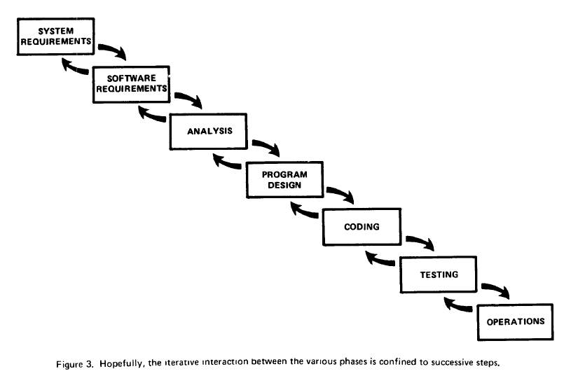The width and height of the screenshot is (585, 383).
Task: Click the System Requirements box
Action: (x=55, y=36)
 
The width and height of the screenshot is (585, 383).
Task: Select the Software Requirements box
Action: (x=131, y=84)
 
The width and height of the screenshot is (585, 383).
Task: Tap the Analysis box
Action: (x=209, y=131)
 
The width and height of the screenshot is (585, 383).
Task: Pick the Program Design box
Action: (x=284, y=179)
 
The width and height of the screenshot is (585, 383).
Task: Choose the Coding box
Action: (x=362, y=227)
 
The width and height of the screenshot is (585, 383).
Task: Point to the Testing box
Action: (x=439, y=274)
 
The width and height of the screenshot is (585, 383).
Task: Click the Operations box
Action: (x=515, y=322)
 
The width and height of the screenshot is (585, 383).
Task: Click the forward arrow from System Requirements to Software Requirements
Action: (x=113, y=50)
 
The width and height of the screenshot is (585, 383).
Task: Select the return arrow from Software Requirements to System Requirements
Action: (x=75, y=67)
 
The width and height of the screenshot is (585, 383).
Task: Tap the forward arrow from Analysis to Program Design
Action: (x=266, y=146)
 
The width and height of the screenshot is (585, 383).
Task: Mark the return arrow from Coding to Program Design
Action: (x=303, y=210)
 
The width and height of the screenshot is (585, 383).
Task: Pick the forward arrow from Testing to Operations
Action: (x=496, y=289)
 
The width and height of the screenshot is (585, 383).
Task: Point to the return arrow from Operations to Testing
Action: (x=457, y=305)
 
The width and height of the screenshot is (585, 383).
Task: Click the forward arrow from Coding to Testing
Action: (x=420, y=242)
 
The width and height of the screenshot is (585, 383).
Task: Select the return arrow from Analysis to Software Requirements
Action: (x=151, y=113)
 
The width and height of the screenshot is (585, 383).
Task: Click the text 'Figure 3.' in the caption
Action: (x=75, y=364)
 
